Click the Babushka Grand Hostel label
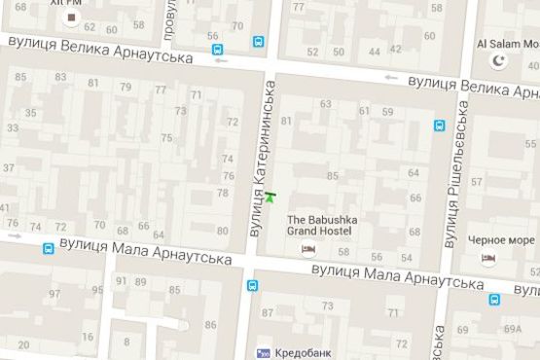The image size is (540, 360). tap(322, 226)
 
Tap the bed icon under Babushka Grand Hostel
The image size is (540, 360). tap(308, 250)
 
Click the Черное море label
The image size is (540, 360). tap(501, 239)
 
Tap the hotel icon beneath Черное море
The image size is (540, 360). tap(488, 258)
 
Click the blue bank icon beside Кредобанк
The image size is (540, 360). tap(262, 352)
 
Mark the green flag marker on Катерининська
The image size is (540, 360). tap(270, 197)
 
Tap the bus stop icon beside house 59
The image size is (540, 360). tap(440, 125)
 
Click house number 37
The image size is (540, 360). tap(10, 168)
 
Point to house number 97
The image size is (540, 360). tap(97, 291)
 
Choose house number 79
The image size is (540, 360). tap(126, 89)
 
